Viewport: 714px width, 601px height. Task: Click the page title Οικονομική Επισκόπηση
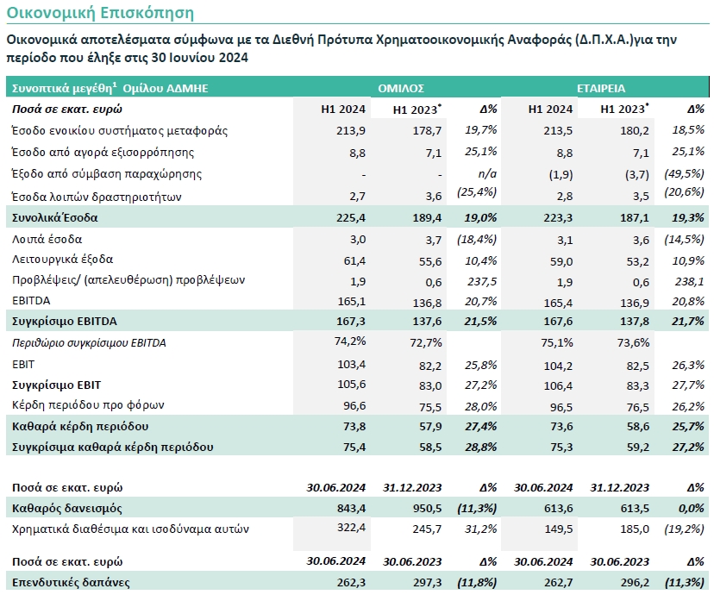pyautogui.click(x=100, y=13)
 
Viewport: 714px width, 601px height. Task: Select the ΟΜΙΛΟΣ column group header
pyautogui.click(x=401, y=88)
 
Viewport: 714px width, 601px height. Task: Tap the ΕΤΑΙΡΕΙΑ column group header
pyautogui.click(x=601, y=88)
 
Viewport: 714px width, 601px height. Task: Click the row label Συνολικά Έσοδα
pyautogui.click(x=54, y=217)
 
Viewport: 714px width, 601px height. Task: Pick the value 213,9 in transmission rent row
pyautogui.click(x=351, y=131)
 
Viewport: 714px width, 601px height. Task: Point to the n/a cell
pyautogui.click(x=487, y=174)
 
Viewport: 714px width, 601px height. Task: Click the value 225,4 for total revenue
pyautogui.click(x=351, y=217)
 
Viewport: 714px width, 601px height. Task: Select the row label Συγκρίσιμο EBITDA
pyautogui.click(x=64, y=322)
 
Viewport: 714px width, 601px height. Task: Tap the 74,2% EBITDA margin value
pyautogui.click(x=350, y=341)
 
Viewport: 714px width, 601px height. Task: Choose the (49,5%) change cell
pyautogui.click(x=684, y=173)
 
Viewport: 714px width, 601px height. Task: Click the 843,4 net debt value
pyautogui.click(x=351, y=508)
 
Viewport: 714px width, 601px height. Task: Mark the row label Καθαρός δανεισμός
pyautogui.click(x=67, y=508)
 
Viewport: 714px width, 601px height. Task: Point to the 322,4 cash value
pyautogui.click(x=351, y=528)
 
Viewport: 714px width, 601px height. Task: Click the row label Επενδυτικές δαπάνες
pyautogui.click(x=71, y=582)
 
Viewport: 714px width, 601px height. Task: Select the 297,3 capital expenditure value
pyautogui.click(x=427, y=582)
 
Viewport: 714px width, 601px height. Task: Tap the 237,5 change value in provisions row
pyautogui.click(x=482, y=281)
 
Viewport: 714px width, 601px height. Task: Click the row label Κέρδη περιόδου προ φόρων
pyautogui.click(x=88, y=404)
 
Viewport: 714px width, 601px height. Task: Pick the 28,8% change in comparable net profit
pyautogui.click(x=480, y=448)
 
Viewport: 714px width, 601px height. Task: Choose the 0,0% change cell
pyautogui.click(x=692, y=508)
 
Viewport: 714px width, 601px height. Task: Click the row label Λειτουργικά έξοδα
pyautogui.click(x=62, y=260)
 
